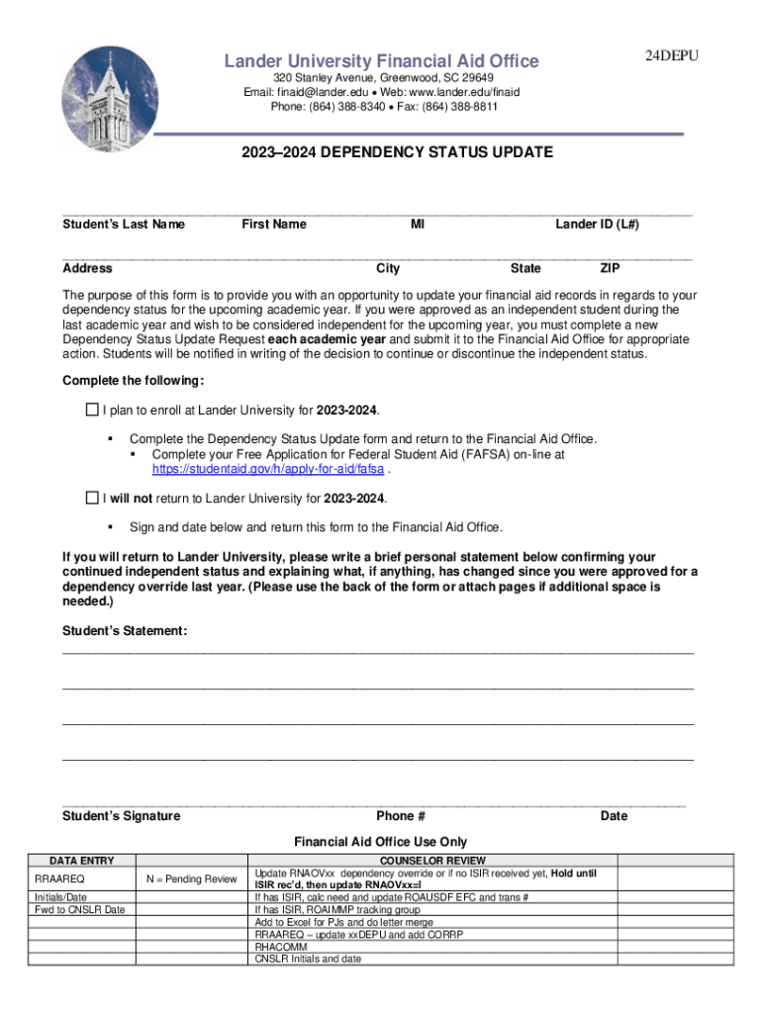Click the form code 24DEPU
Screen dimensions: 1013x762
[672, 56]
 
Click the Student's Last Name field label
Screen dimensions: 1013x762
[124, 225]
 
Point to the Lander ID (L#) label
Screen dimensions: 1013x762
[597, 225]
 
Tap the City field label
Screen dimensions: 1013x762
[388, 268]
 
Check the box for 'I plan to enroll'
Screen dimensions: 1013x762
[92, 410]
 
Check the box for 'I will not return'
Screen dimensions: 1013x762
[92, 498]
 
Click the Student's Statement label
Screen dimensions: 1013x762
[125, 630]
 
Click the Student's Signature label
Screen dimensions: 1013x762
[122, 816]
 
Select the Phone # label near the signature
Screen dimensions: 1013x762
[401, 816]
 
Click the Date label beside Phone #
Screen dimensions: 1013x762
[614, 816]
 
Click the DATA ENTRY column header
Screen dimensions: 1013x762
[82, 861]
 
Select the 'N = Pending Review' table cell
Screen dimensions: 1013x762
[192, 878]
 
